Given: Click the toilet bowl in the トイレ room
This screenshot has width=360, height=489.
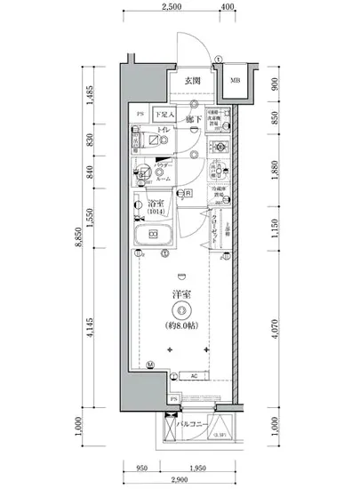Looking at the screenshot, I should tap(142, 141).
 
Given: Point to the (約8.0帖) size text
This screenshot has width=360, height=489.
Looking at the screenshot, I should tap(181, 326).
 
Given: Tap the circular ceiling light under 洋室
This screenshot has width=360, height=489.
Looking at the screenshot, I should tap(181, 310).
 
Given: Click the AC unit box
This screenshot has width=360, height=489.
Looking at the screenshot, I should tap(194, 375).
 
